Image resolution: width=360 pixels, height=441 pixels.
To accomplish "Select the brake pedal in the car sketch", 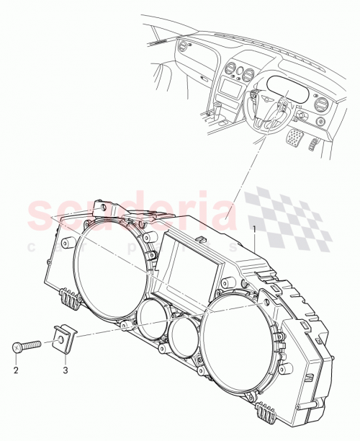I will tap(296, 137).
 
